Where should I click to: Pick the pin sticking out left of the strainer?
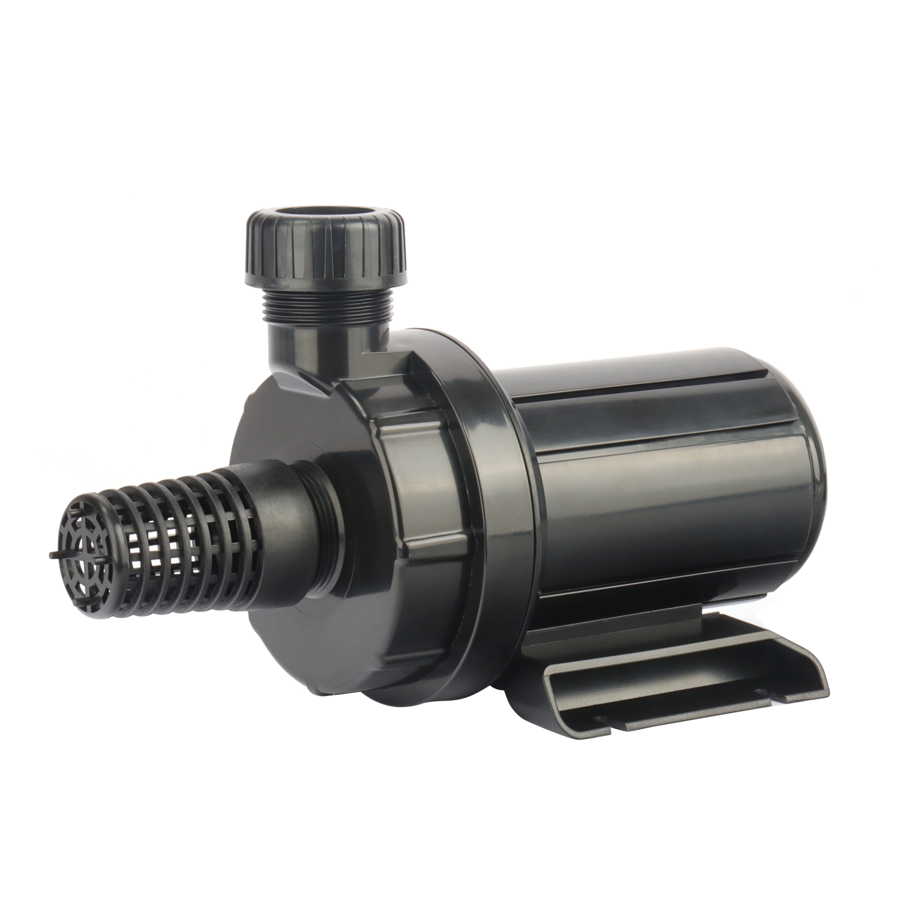(x=52, y=555)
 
